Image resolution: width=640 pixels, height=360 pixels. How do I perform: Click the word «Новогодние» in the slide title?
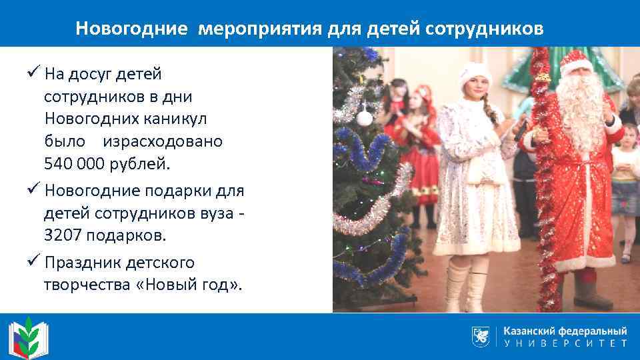pyautogui.click(x=132, y=29)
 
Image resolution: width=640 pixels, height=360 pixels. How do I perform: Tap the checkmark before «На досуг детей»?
pyautogui.click(x=36, y=73)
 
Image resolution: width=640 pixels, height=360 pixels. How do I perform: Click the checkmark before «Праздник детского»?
pyautogui.click(x=36, y=262)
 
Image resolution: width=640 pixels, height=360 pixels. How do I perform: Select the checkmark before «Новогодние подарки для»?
pyautogui.click(x=36, y=190)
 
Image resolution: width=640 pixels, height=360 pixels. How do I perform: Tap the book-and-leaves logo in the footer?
pyautogui.click(x=25, y=335)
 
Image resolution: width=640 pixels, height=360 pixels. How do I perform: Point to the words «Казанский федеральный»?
pyautogui.click(x=565, y=331)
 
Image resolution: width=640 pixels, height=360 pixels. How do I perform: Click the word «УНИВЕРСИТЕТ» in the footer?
pyautogui.click(x=565, y=344)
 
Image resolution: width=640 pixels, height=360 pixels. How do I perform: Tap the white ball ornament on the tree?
pyautogui.click(x=364, y=119)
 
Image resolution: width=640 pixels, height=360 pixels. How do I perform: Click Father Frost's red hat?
pyautogui.click(x=575, y=61)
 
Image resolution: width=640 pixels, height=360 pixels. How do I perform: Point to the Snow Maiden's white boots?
pyautogui.click(x=467, y=283)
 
